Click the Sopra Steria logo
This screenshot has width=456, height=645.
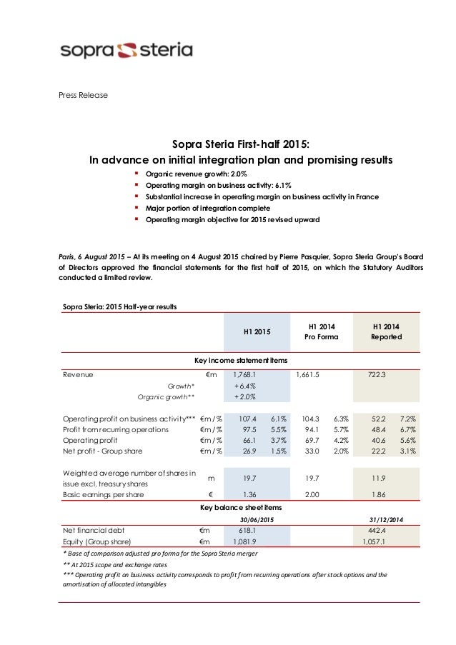pos(126,50)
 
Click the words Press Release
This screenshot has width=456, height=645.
pos(84,95)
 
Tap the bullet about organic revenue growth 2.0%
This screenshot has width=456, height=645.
pos(197,174)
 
